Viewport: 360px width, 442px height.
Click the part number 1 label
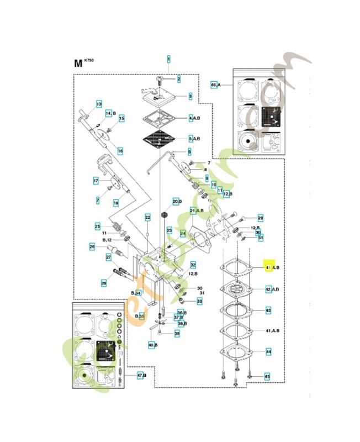pyautogui.click(x=169, y=58)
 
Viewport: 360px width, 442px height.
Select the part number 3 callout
pyautogui.click(x=189, y=96)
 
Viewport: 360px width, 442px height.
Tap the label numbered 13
pyautogui.click(x=99, y=104)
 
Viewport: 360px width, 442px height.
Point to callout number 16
pyautogui.click(x=120, y=151)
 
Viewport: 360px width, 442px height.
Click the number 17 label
pyautogui.click(x=96, y=181)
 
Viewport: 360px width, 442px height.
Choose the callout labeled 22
pyautogui.click(x=147, y=217)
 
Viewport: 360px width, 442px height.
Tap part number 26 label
pyautogui.click(x=92, y=246)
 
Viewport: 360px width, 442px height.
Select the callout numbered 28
pyautogui.click(x=103, y=283)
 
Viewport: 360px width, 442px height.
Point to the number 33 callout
pyautogui.click(x=199, y=301)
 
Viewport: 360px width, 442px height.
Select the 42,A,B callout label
pyautogui.click(x=272, y=289)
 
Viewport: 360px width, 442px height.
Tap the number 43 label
pyautogui.click(x=268, y=311)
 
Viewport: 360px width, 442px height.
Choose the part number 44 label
pyautogui.click(x=268, y=352)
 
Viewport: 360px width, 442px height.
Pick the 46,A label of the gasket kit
pyautogui.click(x=215, y=85)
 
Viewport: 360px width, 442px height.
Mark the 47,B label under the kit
pyautogui.click(x=141, y=376)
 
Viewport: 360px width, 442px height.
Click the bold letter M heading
pyautogui.click(x=78, y=62)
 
